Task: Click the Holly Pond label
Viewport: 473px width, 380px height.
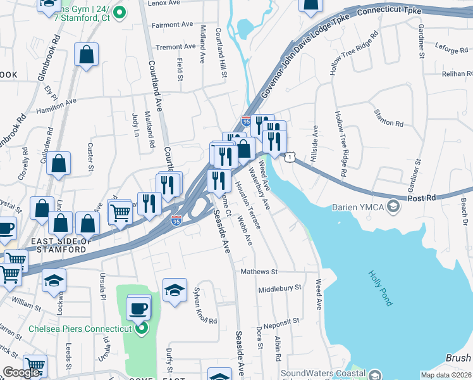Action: click(379, 288)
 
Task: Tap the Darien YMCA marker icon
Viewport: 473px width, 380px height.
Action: click(393, 207)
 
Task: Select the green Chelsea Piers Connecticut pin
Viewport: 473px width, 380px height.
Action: click(141, 328)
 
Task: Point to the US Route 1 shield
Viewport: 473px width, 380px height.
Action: click(289, 156)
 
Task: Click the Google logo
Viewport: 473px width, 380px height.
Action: click(21, 372)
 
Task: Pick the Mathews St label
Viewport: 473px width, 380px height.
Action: click(259, 272)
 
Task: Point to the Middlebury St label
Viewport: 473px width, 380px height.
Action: click(279, 288)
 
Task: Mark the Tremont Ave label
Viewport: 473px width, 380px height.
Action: click(176, 47)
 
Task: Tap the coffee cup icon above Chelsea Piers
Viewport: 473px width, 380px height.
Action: click(138, 308)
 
